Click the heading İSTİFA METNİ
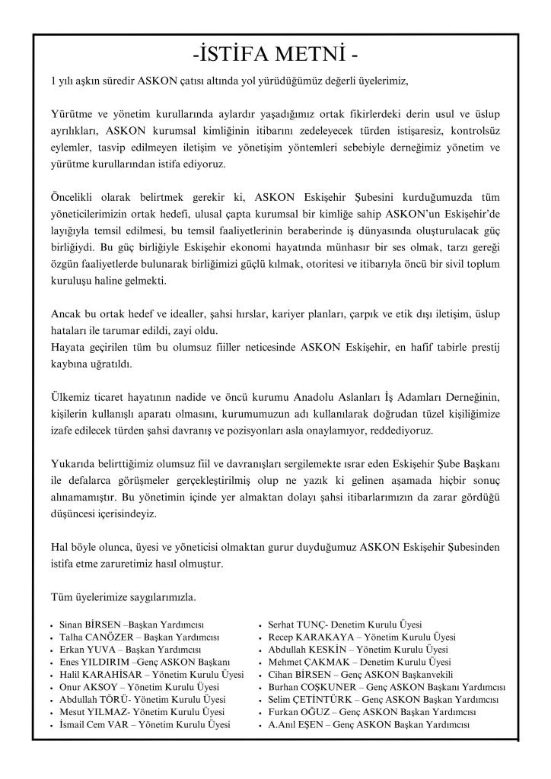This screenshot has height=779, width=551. pos(275,56)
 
